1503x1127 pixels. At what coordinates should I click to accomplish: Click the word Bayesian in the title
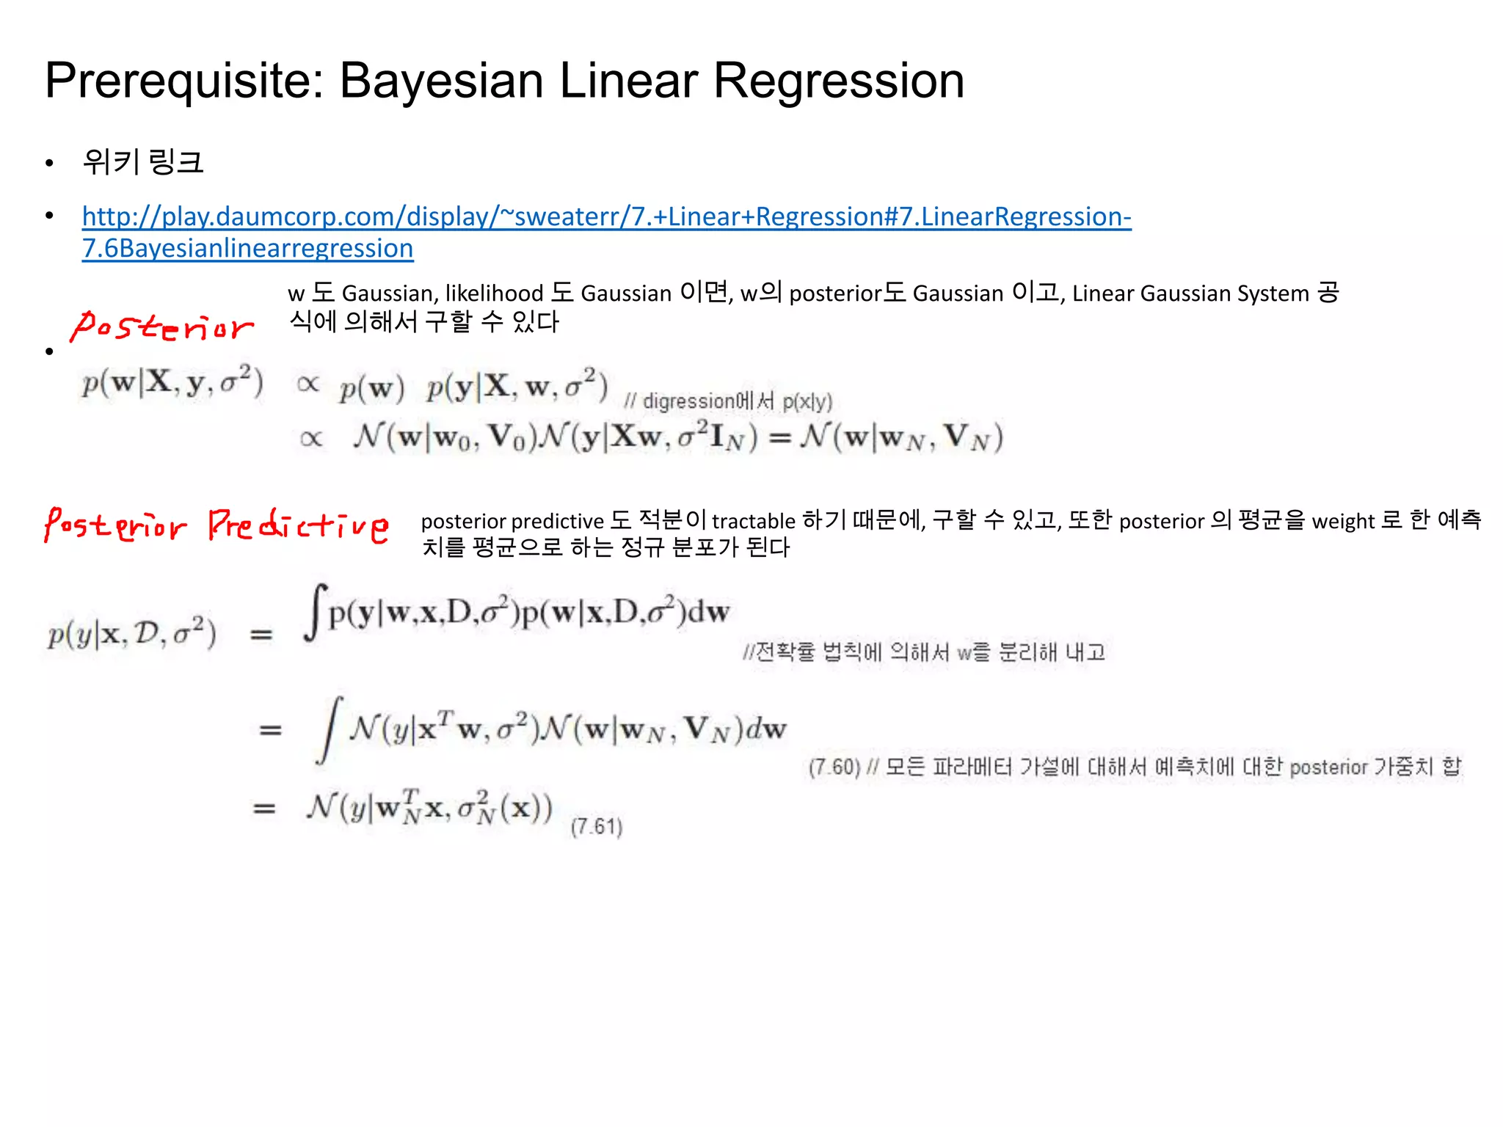(x=440, y=81)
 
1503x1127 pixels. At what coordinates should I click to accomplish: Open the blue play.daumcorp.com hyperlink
(x=606, y=217)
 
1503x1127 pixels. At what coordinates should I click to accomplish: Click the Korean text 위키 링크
(x=143, y=162)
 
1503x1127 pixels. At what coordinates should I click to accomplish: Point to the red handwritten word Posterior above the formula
(x=162, y=327)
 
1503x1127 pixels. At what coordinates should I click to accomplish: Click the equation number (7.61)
(x=597, y=827)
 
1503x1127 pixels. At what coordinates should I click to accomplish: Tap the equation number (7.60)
(x=834, y=767)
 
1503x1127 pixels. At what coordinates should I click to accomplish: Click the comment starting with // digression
(x=728, y=401)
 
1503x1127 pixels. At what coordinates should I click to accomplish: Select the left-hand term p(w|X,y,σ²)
(x=172, y=382)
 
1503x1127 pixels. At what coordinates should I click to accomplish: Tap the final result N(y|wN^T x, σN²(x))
(x=429, y=808)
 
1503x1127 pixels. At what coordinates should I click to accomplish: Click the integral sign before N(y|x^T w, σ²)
(x=330, y=730)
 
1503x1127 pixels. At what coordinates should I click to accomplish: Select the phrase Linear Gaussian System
(x=1190, y=293)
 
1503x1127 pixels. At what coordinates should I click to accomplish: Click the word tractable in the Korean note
(x=753, y=521)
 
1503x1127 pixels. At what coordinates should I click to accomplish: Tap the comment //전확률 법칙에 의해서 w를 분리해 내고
(x=923, y=652)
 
